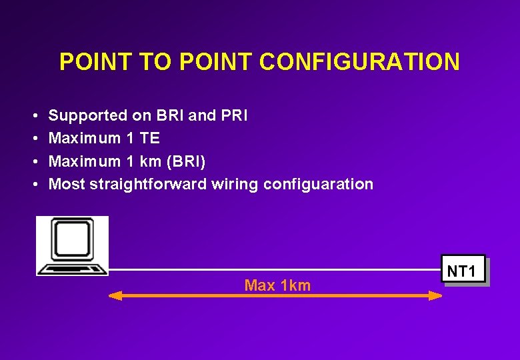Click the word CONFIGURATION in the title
(x=359, y=62)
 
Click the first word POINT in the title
(x=93, y=62)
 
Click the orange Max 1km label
(x=277, y=285)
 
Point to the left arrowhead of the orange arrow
(x=115, y=295)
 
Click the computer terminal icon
(x=72, y=245)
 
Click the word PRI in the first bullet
(x=234, y=115)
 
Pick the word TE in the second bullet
(x=150, y=138)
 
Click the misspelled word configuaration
(x=318, y=184)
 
